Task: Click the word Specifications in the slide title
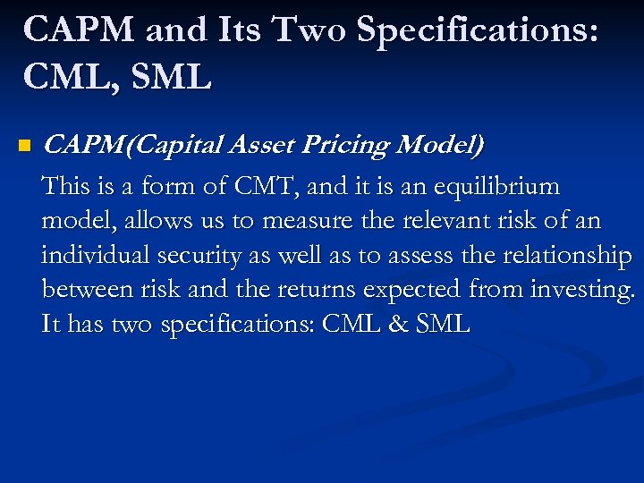coord(479,30)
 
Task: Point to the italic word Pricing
coord(351,144)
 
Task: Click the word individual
coord(96,255)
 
